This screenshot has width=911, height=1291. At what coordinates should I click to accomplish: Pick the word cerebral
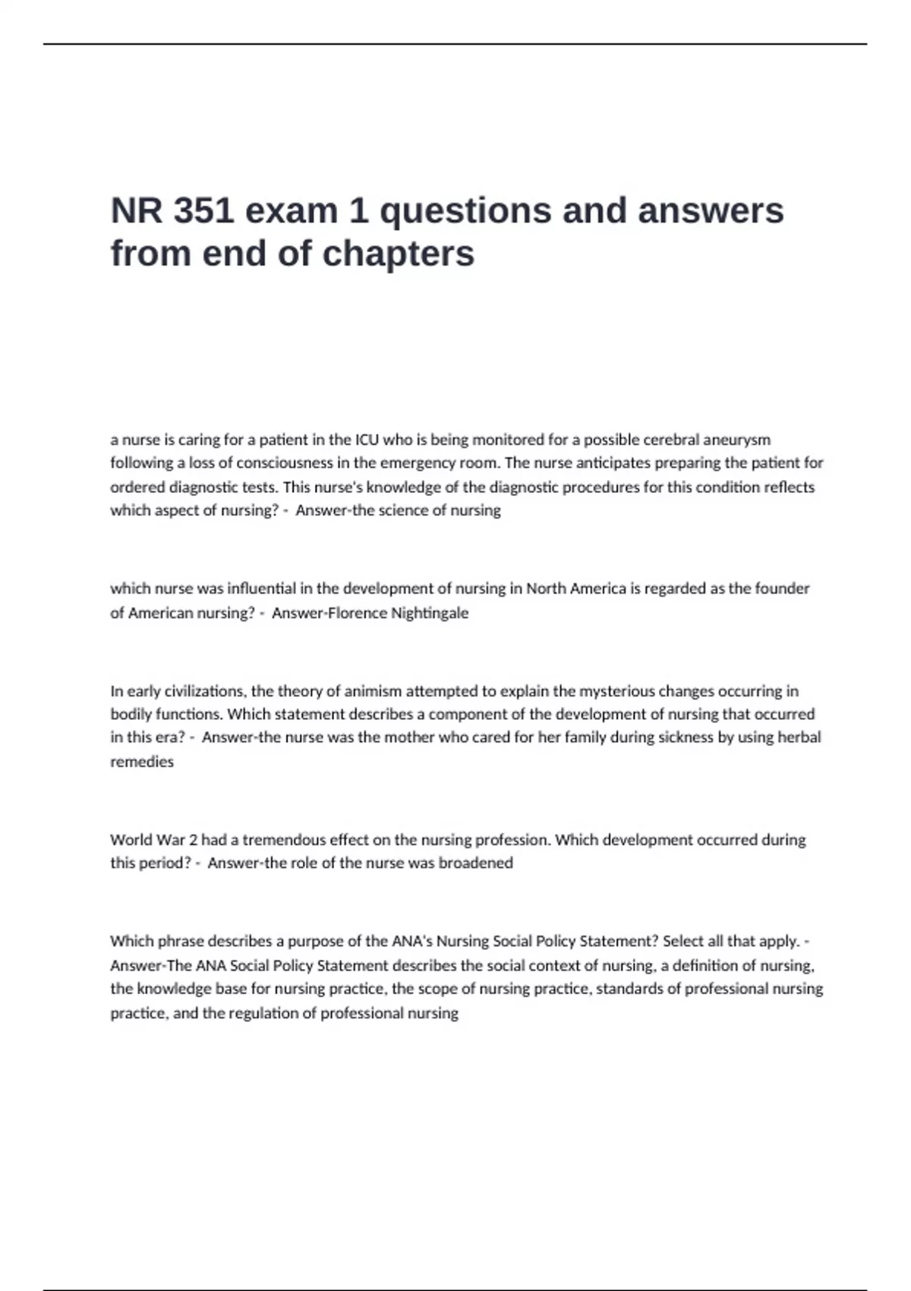(x=670, y=440)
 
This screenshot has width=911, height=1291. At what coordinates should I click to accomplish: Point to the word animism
(x=374, y=691)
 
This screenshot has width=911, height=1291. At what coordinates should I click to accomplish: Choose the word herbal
(x=799, y=737)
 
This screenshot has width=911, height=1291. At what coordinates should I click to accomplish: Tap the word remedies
(x=142, y=762)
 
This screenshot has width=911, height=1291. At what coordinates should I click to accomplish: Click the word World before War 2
(x=131, y=840)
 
